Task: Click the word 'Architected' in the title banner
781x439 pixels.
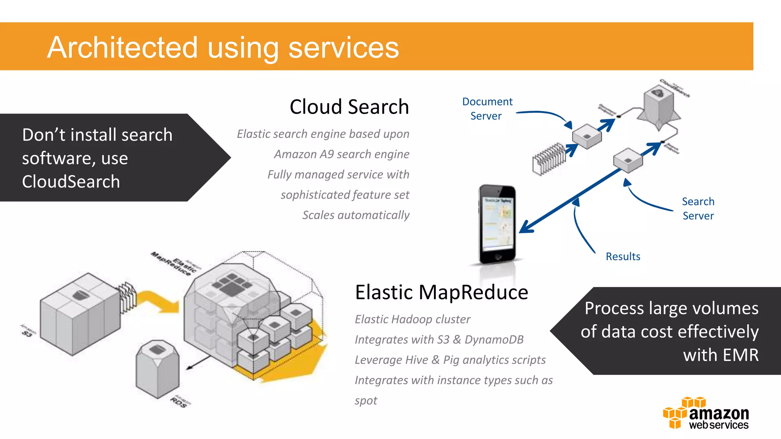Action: pyautogui.click(x=122, y=48)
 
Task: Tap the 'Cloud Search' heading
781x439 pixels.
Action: pyautogui.click(x=349, y=107)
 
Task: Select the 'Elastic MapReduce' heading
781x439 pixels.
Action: pyautogui.click(x=441, y=293)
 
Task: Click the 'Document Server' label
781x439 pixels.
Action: pyautogui.click(x=487, y=109)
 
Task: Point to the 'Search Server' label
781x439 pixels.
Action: pyautogui.click(x=698, y=208)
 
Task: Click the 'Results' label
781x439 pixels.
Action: pyautogui.click(x=623, y=256)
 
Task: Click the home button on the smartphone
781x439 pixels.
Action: pyautogui.click(x=498, y=257)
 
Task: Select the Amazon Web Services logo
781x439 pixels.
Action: pyautogui.click(x=705, y=413)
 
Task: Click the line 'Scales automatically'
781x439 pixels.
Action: pyautogui.click(x=355, y=215)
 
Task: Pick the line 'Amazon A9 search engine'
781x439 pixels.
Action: pyautogui.click(x=341, y=154)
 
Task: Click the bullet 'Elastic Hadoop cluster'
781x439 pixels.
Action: pyautogui.click(x=412, y=319)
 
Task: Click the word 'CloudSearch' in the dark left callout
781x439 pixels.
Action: pyautogui.click(x=71, y=182)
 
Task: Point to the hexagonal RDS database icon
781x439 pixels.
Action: pyautogui.click(x=157, y=369)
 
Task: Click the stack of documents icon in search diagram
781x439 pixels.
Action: pyautogui.click(x=549, y=159)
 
